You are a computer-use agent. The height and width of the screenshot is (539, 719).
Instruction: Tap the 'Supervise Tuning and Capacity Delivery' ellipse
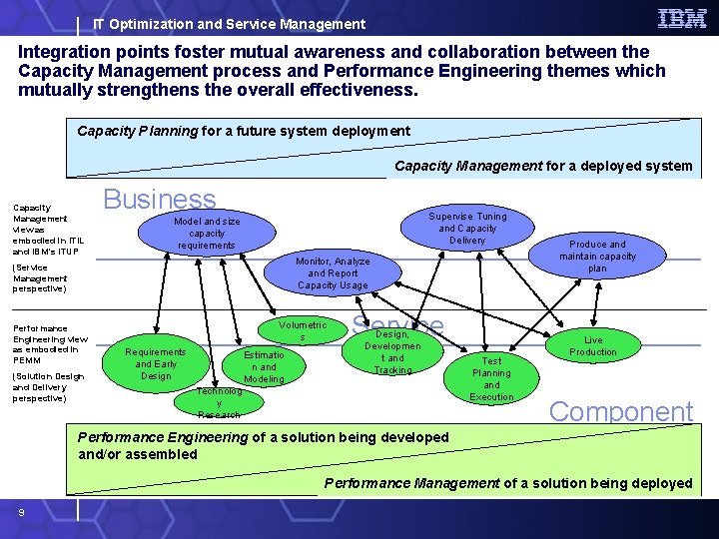467,228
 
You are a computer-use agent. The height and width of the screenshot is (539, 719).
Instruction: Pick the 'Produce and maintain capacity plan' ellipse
597,256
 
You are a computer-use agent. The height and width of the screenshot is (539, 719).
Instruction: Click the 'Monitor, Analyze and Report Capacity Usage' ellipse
333,272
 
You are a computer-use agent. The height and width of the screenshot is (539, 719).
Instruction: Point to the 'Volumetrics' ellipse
303,331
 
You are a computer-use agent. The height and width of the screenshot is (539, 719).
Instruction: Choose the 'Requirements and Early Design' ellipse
156,363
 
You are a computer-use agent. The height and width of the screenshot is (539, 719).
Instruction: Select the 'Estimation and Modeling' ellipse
264,366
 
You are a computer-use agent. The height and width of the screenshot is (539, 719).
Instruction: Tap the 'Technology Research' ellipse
219,401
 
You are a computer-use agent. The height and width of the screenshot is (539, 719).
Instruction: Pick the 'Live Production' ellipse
593,345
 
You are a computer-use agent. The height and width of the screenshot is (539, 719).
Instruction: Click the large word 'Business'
160,200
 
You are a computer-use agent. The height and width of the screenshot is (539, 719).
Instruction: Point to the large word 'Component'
621,411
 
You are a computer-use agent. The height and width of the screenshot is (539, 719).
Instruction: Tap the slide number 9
20,512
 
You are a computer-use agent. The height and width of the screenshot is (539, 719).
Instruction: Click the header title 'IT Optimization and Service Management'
229,24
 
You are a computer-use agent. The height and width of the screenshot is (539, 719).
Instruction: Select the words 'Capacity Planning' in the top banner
138,131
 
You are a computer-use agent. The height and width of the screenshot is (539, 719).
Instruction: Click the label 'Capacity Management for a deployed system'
542,166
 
